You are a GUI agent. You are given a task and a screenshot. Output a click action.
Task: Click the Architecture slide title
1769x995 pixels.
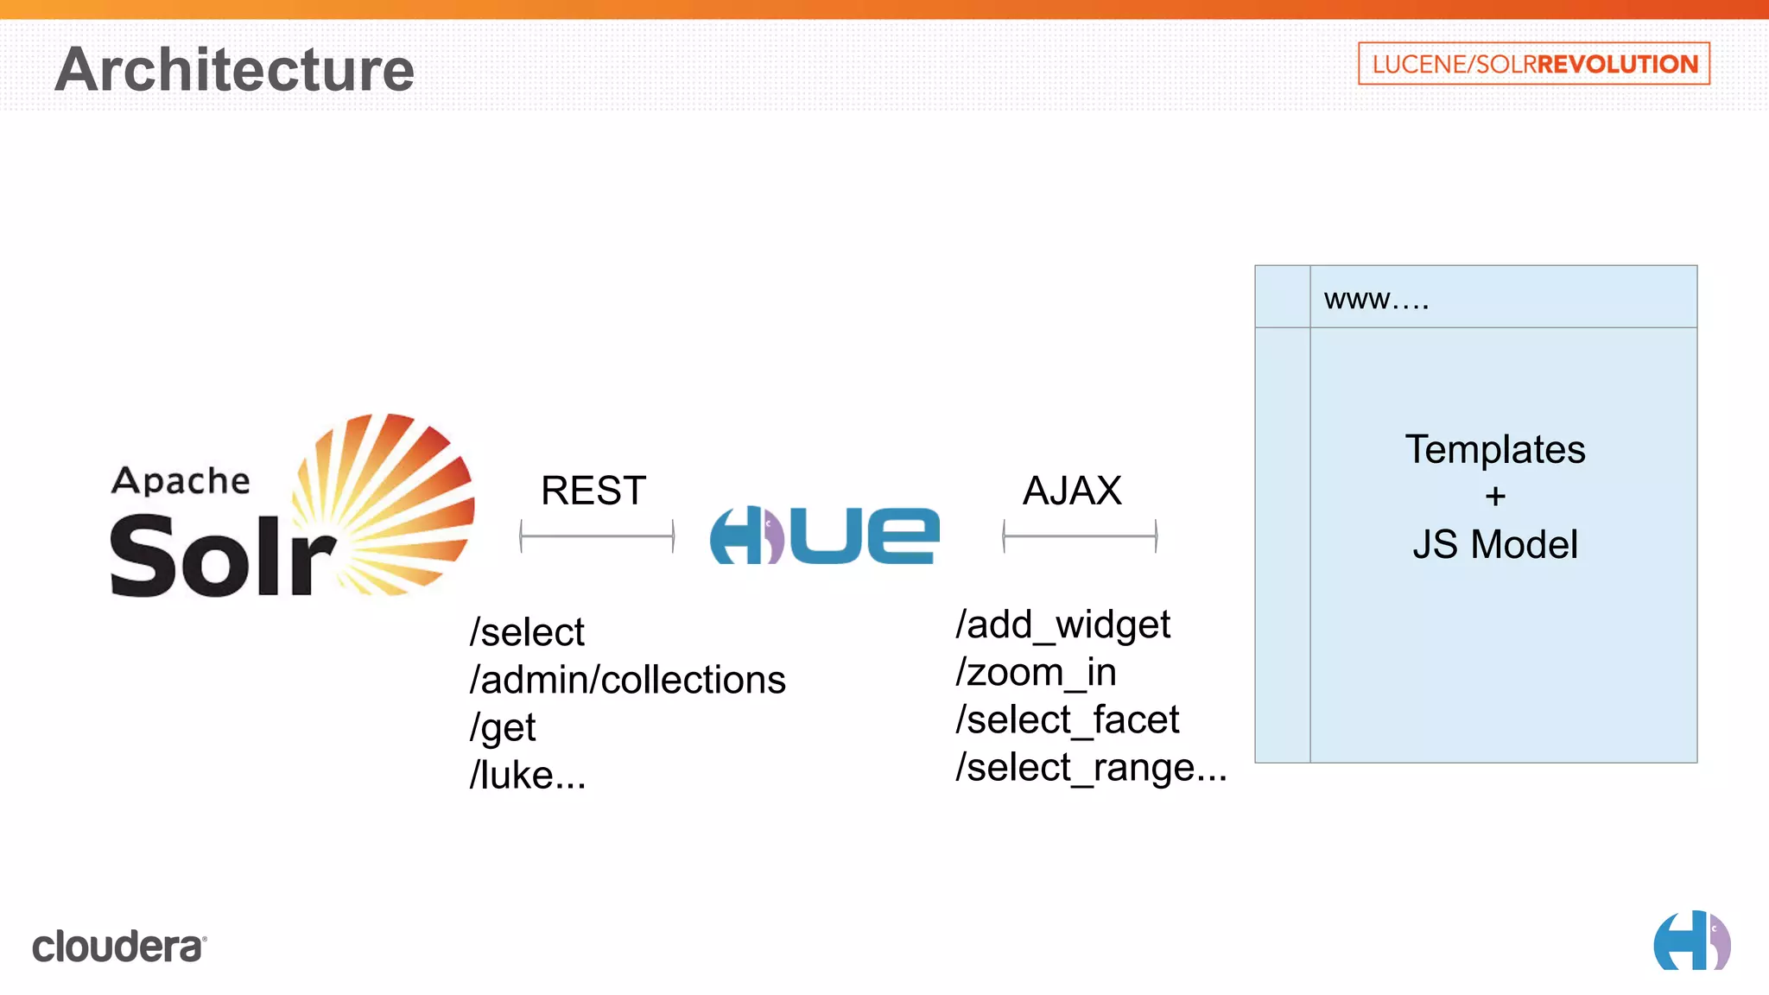[235, 69]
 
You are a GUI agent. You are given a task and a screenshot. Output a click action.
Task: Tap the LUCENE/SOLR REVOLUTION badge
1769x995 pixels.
[1533, 64]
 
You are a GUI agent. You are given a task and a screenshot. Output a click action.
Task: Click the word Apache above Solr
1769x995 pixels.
[181, 480]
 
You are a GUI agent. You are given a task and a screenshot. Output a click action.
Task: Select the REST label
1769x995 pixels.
[593, 491]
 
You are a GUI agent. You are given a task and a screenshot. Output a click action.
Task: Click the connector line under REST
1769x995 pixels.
[597, 536]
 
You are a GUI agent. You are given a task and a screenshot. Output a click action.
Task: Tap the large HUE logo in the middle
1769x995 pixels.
[825, 536]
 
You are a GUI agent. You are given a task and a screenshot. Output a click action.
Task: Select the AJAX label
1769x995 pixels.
[1072, 491]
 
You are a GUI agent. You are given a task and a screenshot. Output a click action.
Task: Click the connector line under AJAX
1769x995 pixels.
[1080, 536]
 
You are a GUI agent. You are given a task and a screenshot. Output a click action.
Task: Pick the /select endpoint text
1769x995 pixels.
[527, 632]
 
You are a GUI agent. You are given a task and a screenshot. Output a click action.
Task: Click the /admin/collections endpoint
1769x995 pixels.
[627, 680]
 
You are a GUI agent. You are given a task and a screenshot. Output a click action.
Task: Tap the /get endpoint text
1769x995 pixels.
[503, 727]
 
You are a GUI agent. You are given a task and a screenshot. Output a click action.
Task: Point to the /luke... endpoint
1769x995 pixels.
[528, 775]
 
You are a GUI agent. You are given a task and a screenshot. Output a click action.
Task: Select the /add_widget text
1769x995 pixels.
[1062, 624]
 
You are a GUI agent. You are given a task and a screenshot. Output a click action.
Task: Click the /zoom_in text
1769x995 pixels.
[1036, 672]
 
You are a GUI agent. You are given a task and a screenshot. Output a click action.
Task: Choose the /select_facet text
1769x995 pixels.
[1067, 719]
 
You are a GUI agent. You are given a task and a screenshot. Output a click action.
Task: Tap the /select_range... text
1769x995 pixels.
[1090, 767]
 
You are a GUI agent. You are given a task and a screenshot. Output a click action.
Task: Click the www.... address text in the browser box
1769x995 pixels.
[1376, 299]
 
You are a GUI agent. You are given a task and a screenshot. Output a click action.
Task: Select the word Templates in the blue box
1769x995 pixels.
[1495, 449]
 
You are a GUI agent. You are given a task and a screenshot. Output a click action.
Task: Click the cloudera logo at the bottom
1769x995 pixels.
[119, 947]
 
